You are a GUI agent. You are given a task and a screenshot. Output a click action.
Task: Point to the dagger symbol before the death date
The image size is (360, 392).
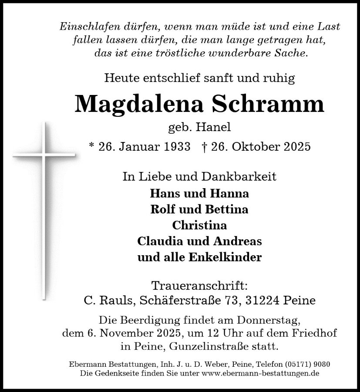tap(204, 146)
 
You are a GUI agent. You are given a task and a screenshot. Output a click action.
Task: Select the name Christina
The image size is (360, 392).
tap(199, 226)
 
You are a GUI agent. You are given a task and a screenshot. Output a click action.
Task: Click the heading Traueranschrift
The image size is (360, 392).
tap(199, 286)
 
